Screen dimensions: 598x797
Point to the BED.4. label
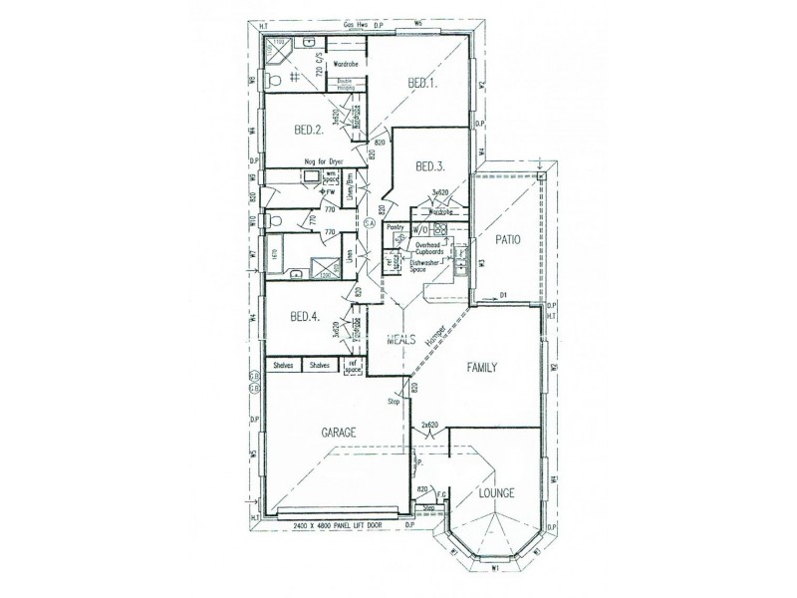304,317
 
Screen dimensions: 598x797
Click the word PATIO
509,240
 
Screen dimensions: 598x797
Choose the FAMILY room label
489,368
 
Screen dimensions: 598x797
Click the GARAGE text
339,433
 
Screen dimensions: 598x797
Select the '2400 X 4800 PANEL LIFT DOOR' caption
338,523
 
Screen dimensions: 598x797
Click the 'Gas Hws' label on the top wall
356,20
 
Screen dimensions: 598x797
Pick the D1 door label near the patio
503,294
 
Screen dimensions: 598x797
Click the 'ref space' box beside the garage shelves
352,368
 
